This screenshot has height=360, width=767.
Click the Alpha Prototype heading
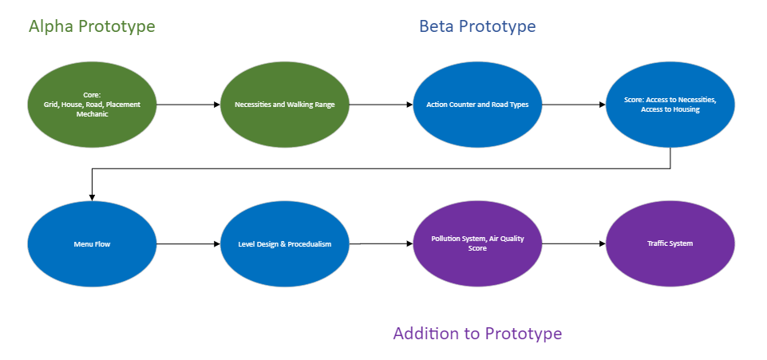pos(92,26)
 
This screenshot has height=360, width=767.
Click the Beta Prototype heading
pos(477,26)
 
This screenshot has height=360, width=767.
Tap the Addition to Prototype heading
pos(477,334)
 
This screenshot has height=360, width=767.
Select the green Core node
pos(92,105)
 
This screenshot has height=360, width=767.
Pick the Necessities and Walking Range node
pos(285,105)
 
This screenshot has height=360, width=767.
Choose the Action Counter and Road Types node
pos(477,105)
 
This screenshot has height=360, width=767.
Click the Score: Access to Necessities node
pos(670,105)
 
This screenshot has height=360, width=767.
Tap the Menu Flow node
pos(92,243)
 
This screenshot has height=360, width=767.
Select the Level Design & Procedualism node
pos(285,243)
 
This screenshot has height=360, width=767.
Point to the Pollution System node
pos(477,243)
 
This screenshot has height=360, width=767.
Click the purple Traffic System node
pos(670,243)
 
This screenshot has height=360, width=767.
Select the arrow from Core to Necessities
pos(188,105)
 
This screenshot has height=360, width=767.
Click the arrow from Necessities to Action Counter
pos(381,105)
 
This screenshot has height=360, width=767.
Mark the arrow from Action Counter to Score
pos(574,105)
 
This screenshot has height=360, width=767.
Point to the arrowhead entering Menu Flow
pos(92,198)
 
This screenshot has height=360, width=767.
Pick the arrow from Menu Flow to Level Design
pos(188,243)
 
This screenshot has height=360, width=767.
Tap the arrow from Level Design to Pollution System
pos(381,243)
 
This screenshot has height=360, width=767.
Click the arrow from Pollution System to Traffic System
pos(574,243)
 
